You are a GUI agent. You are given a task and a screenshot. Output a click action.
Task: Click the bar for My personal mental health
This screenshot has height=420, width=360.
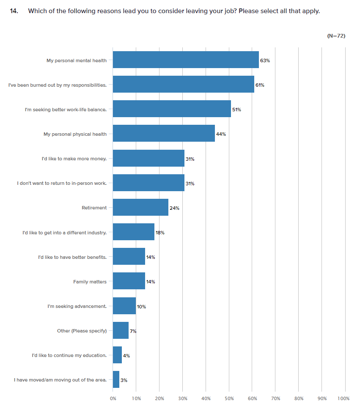point(186,60)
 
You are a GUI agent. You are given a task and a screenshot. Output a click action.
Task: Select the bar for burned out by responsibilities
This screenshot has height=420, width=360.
point(183,84)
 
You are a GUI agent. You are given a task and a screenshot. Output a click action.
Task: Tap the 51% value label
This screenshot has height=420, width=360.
point(236,110)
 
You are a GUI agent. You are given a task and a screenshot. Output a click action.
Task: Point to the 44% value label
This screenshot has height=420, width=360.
point(221,134)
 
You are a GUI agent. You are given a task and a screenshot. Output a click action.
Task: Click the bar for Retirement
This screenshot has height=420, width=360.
point(140,207)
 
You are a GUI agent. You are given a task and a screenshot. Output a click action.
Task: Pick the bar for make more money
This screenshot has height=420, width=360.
point(148,158)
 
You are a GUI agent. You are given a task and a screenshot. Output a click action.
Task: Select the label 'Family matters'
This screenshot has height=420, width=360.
point(90,282)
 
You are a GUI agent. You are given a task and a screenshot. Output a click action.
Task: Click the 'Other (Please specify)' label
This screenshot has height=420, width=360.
point(82,331)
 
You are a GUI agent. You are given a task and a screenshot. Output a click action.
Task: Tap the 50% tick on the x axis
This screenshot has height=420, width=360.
point(229,399)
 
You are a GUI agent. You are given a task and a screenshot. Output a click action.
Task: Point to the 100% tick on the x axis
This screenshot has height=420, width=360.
point(344,399)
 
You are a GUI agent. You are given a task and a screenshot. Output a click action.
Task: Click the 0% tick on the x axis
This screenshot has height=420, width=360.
point(113,399)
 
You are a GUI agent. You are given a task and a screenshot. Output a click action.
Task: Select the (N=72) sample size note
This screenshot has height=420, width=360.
point(336,36)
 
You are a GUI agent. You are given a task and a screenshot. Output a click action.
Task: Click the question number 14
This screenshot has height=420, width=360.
point(14,11)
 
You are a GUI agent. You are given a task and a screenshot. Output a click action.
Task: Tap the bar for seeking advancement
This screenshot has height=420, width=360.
point(124,305)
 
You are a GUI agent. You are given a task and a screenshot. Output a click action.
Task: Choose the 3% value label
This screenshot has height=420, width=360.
point(124,380)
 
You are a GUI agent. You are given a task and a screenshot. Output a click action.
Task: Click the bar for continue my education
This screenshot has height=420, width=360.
point(117,354)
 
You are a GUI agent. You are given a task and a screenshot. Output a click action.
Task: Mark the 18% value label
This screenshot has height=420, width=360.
point(159,233)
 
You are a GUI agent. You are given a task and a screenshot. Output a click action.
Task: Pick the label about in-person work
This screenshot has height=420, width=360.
point(62,184)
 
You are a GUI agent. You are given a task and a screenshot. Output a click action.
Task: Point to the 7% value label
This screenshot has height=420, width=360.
point(133,331)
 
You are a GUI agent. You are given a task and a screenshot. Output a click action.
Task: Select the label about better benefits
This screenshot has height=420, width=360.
point(72,257)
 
